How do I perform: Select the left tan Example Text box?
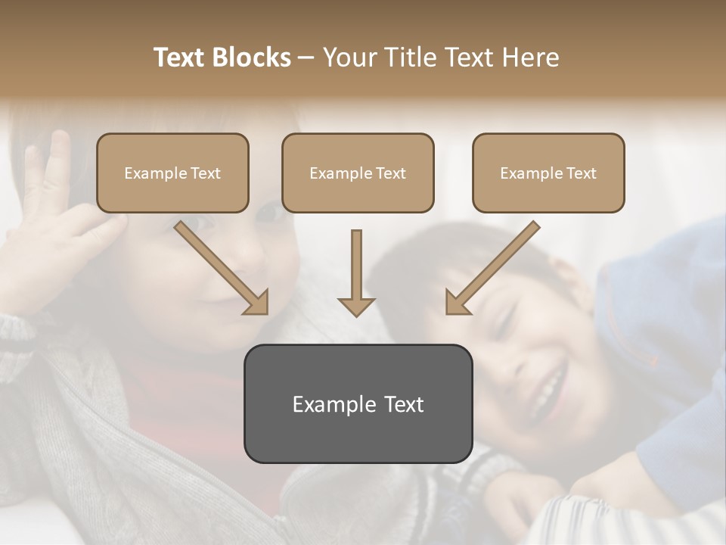coord(172,173)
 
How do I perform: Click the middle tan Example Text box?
coord(358,173)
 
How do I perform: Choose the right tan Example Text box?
coord(548,173)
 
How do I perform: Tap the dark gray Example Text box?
coord(358,404)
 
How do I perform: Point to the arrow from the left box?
coord(219,266)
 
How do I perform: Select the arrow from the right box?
coord(495,266)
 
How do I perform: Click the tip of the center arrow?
coord(356,315)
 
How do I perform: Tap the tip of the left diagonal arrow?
coord(266,313)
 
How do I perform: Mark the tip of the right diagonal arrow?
coord(448,313)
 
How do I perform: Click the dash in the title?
coord(306,58)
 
